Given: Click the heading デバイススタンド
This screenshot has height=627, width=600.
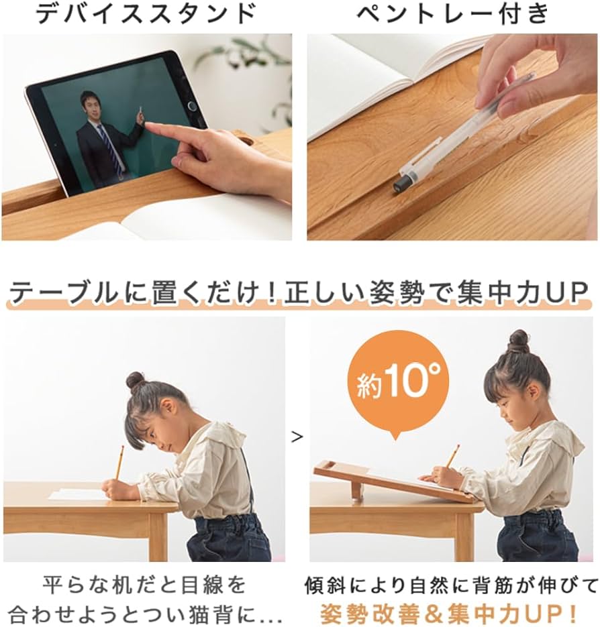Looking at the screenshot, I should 146,13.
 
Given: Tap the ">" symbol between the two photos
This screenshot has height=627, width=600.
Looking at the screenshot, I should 297,437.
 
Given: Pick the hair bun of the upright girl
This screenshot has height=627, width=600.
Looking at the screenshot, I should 518,340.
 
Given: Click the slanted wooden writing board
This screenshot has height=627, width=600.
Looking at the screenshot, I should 389,481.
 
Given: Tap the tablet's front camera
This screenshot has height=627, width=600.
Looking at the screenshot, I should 192,105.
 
